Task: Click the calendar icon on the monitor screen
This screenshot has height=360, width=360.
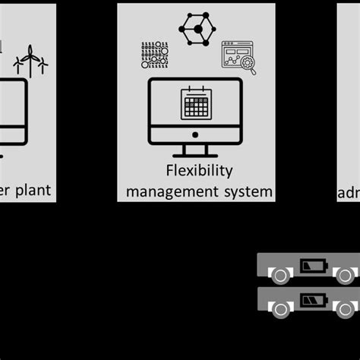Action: click(195, 104)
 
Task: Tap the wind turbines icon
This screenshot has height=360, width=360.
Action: click(31, 58)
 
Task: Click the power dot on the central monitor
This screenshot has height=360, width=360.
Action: click(195, 134)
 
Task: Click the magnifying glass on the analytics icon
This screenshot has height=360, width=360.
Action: click(248, 66)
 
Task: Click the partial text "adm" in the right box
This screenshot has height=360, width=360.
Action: click(348, 194)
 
